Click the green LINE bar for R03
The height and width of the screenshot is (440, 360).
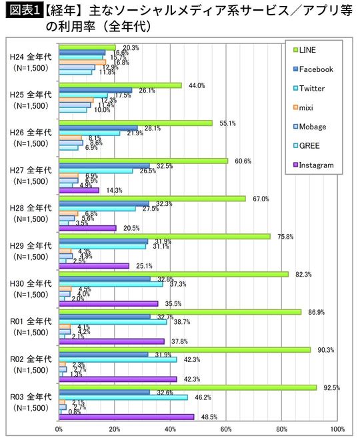tap(187, 387)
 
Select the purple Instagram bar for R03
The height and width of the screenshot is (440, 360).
tap(126, 417)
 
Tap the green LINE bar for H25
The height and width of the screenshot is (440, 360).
tap(120, 85)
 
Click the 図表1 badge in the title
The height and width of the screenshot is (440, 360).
tap(22, 11)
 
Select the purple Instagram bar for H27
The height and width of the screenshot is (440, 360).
tap(79, 190)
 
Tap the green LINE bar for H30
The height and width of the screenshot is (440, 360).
tap(173, 274)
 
